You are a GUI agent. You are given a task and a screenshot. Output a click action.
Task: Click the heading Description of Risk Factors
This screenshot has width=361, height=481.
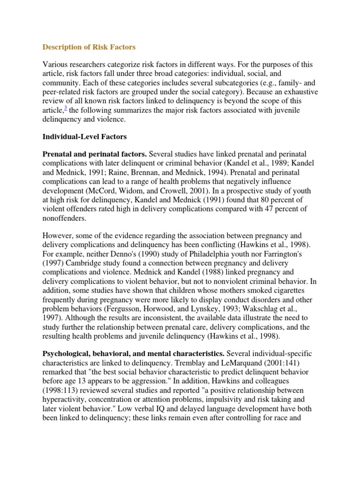point(89,47)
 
